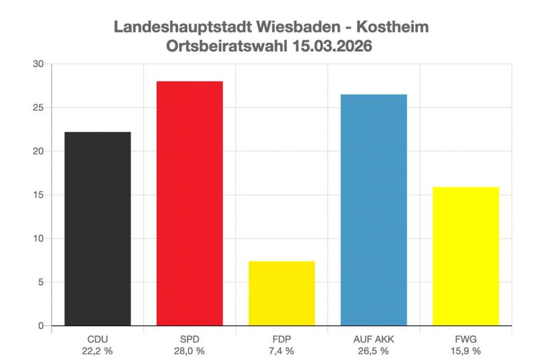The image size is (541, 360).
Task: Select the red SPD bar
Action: pos(190,203)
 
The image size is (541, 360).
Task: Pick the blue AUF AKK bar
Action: pos(374,210)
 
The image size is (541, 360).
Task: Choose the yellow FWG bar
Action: pos(465,256)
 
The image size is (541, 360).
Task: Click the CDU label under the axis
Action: pos(98,339)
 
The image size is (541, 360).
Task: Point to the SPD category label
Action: pos(190,339)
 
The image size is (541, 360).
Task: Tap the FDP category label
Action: pos(282,339)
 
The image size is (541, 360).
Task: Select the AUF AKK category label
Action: pos(374,339)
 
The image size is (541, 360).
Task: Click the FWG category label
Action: pos(465,339)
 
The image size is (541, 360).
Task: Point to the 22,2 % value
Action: pos(98,350)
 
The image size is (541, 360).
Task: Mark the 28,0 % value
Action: pos(190,350)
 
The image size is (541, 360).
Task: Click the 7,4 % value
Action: pos(282,350)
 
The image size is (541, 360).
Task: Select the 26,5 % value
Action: pos(374,350)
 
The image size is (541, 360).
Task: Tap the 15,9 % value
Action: pos(465,350)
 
